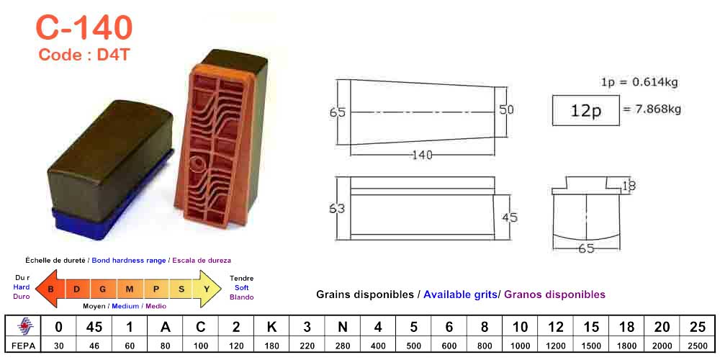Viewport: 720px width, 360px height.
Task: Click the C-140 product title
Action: click(84, 27)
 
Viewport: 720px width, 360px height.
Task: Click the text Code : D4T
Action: click(84, 55)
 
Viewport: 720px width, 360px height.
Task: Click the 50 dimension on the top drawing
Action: click(506, 109)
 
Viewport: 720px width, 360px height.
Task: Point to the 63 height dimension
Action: click(336, 208)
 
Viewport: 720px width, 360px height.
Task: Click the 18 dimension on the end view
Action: click(629, 186)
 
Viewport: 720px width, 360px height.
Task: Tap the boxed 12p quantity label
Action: click(585, 110)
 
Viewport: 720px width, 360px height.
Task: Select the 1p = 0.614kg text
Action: click(639, 82)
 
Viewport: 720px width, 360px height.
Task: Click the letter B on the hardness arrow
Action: click(50, 289)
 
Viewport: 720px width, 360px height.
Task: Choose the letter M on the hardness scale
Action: click(130, 289)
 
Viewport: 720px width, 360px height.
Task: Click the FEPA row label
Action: click(22, 346)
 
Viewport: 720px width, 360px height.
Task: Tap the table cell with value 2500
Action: click(697, 346)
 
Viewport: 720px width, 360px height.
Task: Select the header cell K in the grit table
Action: click(271, 327)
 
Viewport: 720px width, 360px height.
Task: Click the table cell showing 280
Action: click(343, 346)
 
